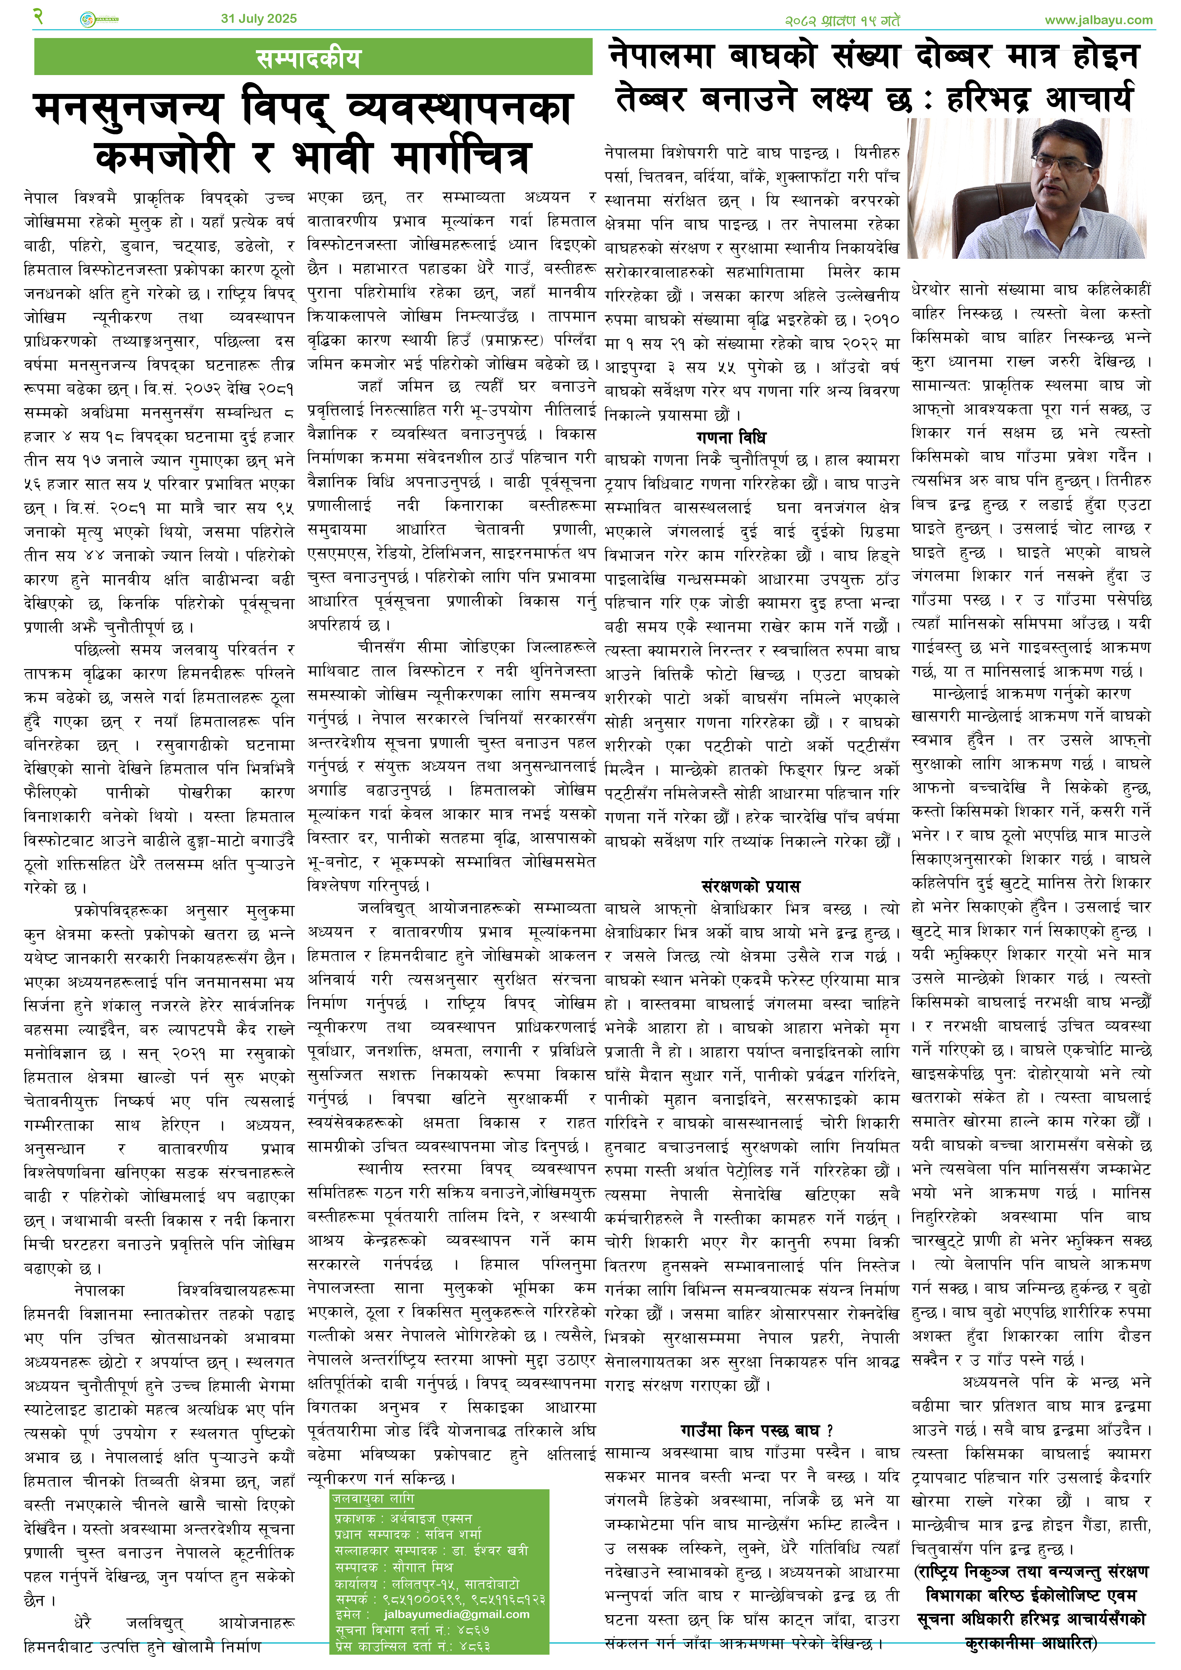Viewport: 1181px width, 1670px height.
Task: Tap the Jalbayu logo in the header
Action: click(x=98, y=20)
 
